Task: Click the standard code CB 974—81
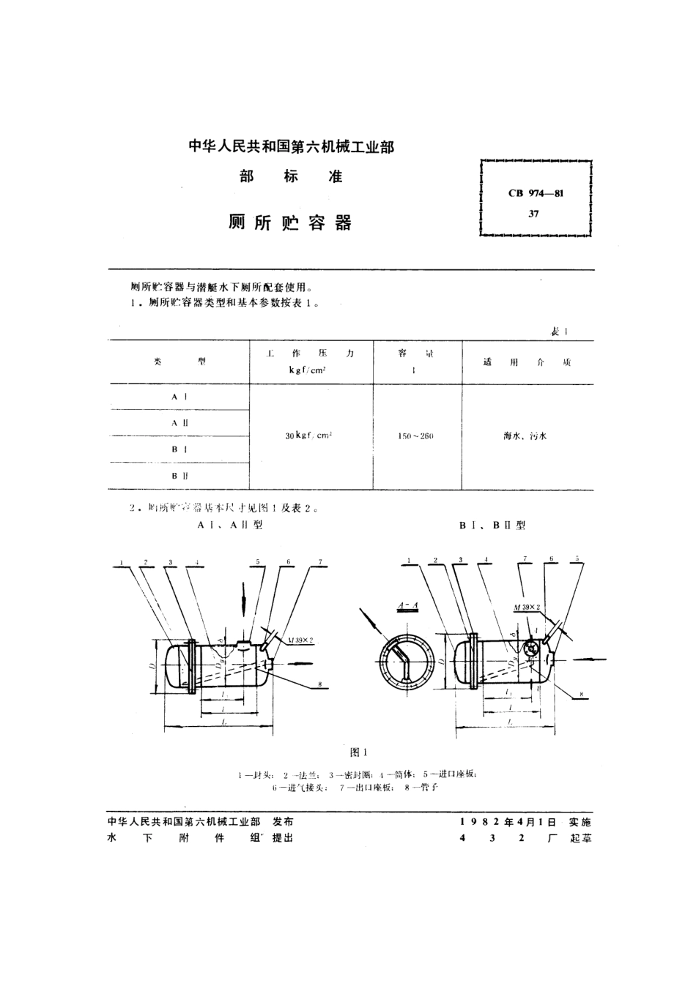pyautogui.click(x=535, y=193)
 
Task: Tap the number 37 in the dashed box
pyautogui.click(x=534, y=214)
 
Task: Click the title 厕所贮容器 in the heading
pyautogui.click(x=290, y=223)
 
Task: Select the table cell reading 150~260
pyautogui.click(x=416, y=436)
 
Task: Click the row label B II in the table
pyautogui.click(x=179, y=476)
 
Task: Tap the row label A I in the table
pyautogui.click(x=179, y=396)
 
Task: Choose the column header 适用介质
pyautogui.click(x=527, y=362)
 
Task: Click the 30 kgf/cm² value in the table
pyautogui.click(x=309, y=436)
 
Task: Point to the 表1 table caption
pyautogui.click(x=560, y=332)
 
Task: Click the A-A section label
pyautogui.click(x=407, y=605)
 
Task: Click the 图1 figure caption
pyautogui.click(x=358, y=752)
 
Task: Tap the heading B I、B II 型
pyautogui.click(x=492, y=526)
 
